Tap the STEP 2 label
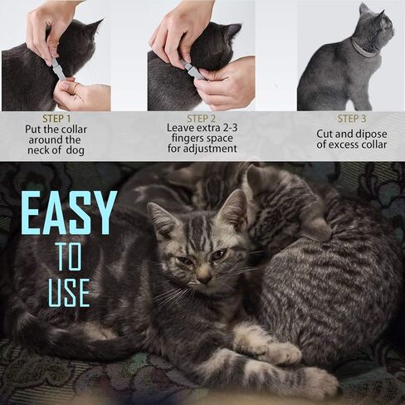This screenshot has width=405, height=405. (201, 118)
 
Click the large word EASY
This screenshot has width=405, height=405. (69, 214)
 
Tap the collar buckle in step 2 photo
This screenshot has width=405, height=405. (193, 71)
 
